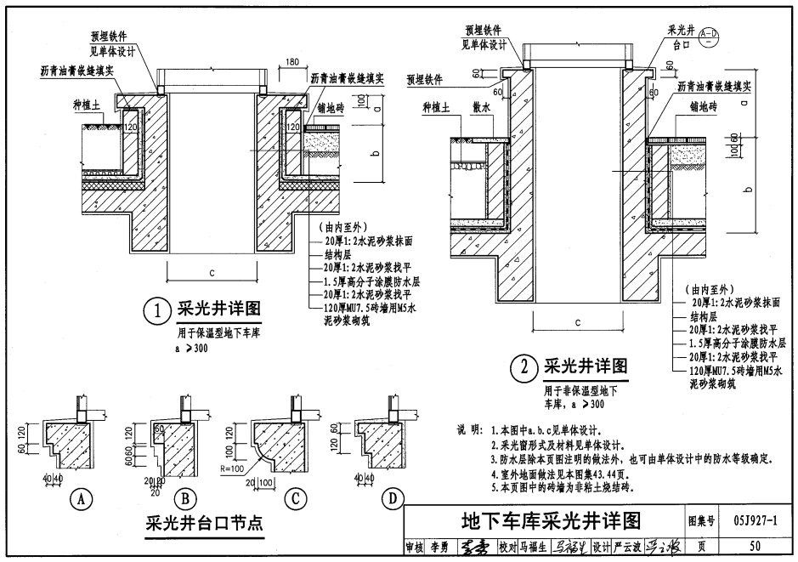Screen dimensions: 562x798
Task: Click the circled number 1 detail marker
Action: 157,312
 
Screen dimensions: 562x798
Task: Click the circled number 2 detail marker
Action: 524,368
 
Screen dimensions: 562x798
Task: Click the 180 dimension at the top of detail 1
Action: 292,62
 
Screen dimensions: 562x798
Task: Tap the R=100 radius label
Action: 231,468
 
